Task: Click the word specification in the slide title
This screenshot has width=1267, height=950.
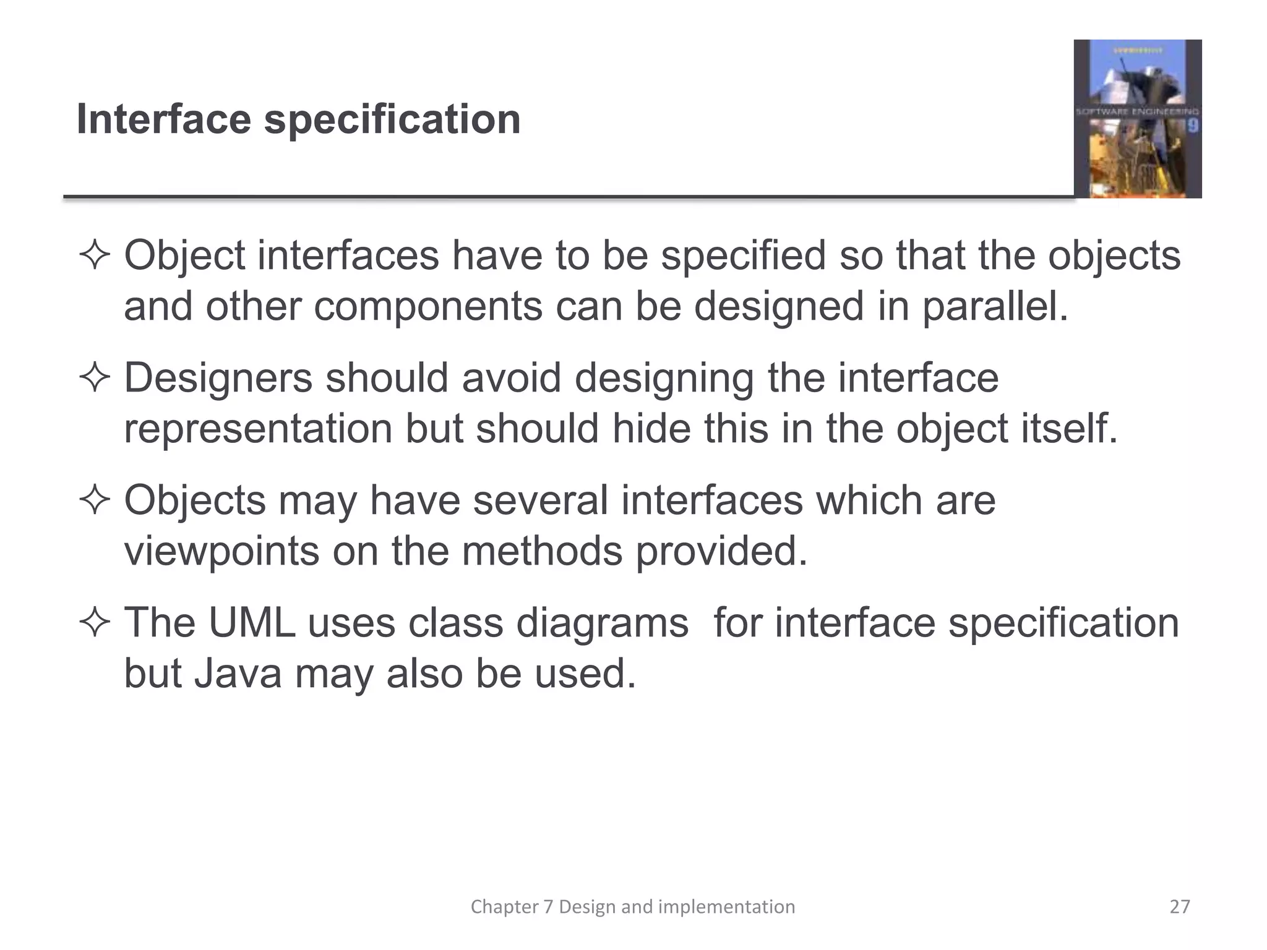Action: tap(392, 120)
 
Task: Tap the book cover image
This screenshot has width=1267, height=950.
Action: tap(1137, 119)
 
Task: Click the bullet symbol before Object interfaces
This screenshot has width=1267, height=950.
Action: tap(95, 256)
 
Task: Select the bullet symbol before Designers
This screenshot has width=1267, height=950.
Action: tap(95, 378)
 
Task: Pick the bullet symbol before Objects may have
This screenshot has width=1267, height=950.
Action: tap(95, 500)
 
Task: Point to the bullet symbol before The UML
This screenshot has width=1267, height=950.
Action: tap(95, 622)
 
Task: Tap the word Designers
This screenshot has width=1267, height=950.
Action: tap(218, 378)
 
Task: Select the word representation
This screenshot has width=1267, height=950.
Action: tap(258, 429)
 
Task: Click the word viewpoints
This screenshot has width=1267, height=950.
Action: tap(221, 551)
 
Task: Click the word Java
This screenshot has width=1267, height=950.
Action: tap(238, 673)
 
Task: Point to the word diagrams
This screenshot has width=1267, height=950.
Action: tap(601, 623)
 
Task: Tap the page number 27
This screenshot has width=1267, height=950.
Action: tap(1179, 907)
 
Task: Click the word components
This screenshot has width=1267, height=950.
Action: tap(427, 307)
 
